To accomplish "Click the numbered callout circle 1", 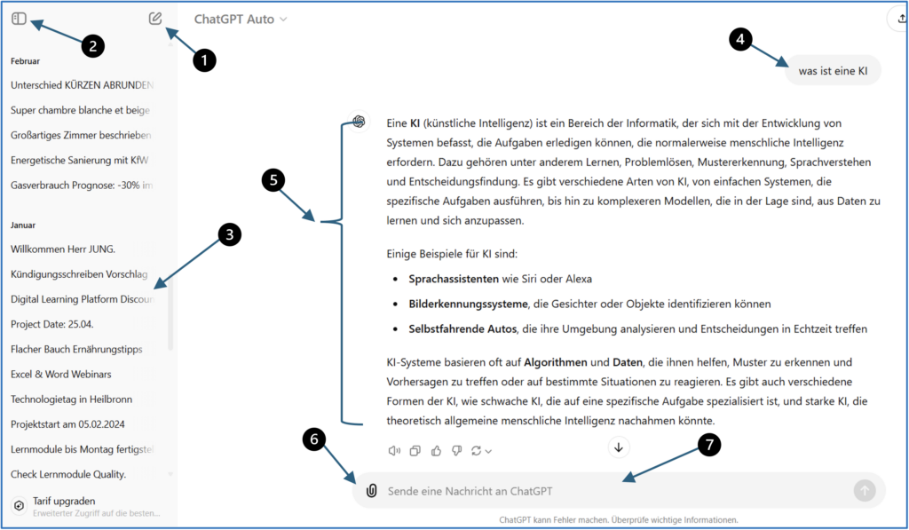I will [205, 60].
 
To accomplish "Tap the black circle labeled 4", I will [741, 38].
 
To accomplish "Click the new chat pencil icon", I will [156, 19].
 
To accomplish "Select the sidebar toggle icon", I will [19, 19].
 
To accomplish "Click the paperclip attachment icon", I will [372, 491].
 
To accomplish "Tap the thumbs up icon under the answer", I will [436, 451].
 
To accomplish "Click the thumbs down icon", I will [456, 451].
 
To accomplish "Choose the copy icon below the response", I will [415, 451].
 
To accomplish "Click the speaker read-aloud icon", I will [394, 451].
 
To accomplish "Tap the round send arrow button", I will [864, 491].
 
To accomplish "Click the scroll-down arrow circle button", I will [619, 447].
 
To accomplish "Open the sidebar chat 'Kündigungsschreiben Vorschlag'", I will [79, 274].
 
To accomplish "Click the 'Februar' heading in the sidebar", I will [25, 60].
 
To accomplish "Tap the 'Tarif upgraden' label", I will [64, 501].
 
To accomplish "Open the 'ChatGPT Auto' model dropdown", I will [241, 19].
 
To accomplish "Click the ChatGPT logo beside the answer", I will [359, 122].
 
